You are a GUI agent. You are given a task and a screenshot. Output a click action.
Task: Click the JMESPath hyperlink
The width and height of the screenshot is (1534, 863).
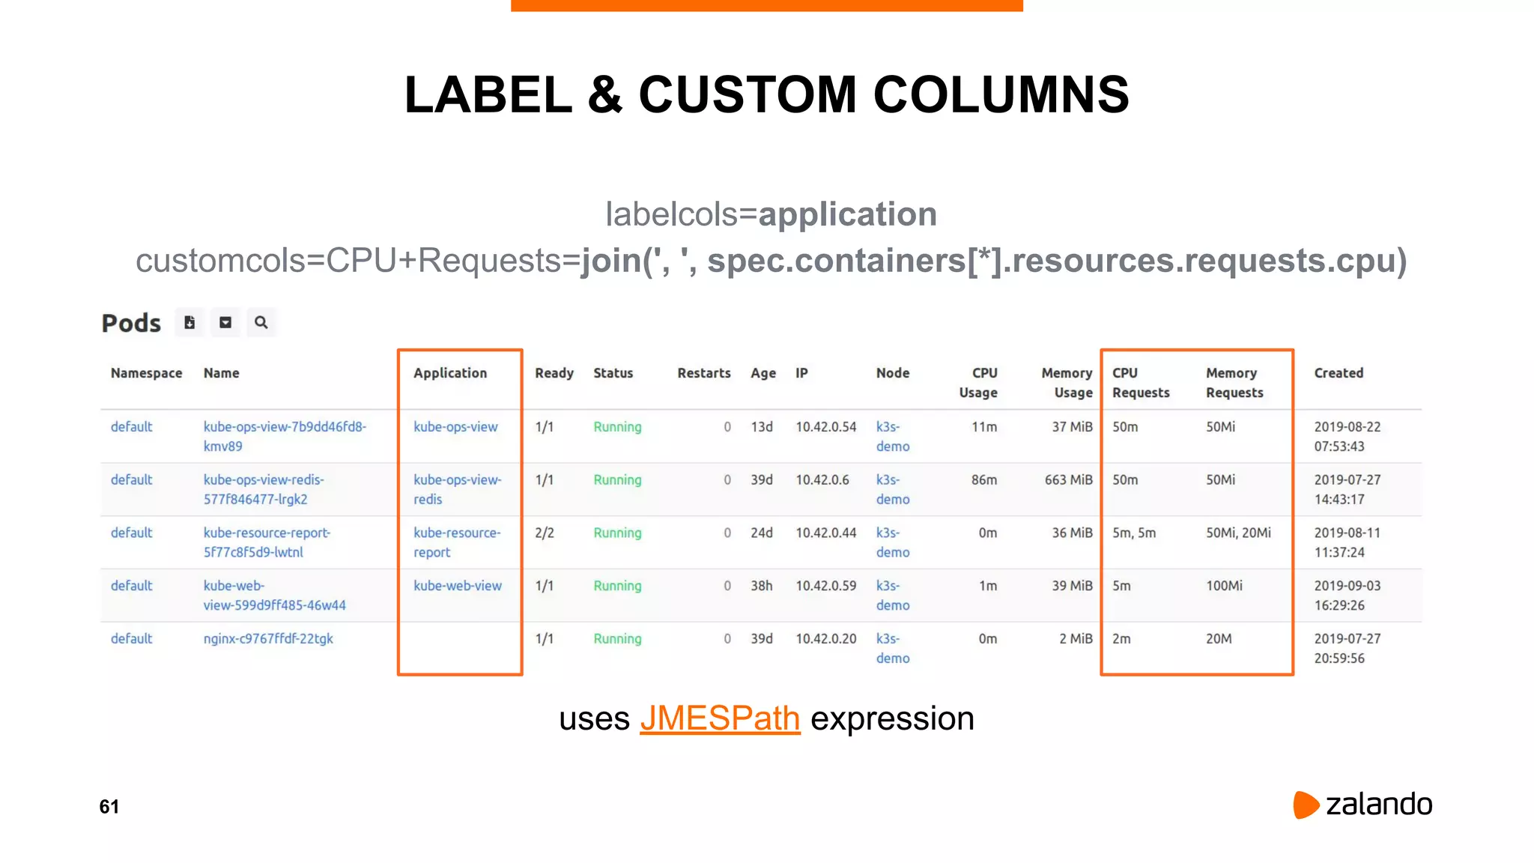point(720,718)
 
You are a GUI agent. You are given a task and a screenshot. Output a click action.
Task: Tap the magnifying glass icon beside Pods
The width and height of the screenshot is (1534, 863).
point(261,323)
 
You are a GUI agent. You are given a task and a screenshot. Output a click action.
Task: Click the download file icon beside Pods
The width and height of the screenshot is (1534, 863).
point(190,323)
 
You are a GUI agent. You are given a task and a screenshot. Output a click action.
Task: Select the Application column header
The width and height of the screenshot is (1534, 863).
point(450,373)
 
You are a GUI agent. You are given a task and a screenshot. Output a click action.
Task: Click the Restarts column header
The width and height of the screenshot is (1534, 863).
point(703,373)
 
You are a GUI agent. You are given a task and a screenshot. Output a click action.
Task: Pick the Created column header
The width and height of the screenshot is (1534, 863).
point(1339,373)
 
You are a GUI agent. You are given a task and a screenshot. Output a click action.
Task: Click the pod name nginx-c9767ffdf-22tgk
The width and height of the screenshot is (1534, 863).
point(268,639)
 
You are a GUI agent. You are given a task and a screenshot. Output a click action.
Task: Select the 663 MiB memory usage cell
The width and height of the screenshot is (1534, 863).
point(1068,480)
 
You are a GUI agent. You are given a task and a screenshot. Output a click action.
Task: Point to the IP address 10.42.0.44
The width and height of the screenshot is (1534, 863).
point(825,533)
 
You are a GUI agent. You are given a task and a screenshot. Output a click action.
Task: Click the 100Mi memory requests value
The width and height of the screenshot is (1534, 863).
point(1224,586)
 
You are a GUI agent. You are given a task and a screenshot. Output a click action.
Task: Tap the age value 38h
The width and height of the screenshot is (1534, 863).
point(762,586)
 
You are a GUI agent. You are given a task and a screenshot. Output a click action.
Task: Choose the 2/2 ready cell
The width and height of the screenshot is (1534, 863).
point(545,533)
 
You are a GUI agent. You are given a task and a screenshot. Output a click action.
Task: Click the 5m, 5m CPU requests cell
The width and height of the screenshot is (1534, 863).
point(1134,533)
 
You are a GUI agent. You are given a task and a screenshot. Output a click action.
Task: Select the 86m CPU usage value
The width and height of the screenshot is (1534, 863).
point(984,480)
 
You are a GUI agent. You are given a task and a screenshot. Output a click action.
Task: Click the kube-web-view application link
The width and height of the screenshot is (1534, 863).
point(458,586)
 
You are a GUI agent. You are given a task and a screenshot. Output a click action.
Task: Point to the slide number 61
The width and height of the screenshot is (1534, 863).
point(109,807)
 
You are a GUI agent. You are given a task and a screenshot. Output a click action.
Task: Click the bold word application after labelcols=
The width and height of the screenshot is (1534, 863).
point(847,214)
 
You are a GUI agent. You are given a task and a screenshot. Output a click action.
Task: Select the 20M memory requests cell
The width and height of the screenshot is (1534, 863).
point(1219,639)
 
